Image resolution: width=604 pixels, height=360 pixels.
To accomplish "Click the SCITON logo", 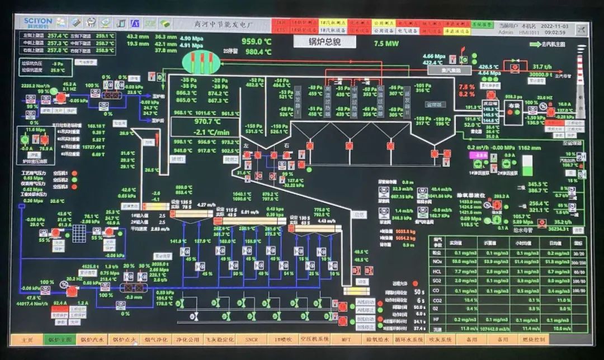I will pos(37,22).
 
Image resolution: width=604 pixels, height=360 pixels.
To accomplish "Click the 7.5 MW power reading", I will pos(386,43).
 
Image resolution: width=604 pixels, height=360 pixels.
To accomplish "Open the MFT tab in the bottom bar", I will pos(346,339).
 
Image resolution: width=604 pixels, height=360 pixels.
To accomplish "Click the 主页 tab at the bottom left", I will pos(27,339).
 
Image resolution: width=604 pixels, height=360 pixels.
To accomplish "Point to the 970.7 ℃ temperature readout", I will pos(207,121).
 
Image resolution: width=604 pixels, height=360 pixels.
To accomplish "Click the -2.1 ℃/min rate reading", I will pos(207,132).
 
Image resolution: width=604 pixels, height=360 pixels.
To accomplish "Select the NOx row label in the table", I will pos(438,262).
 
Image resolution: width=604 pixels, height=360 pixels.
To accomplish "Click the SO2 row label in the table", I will pos(437,281).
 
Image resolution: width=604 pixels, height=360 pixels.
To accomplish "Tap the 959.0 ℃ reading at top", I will pos(256,41).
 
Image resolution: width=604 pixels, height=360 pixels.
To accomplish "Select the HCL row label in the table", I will pos(437,271).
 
